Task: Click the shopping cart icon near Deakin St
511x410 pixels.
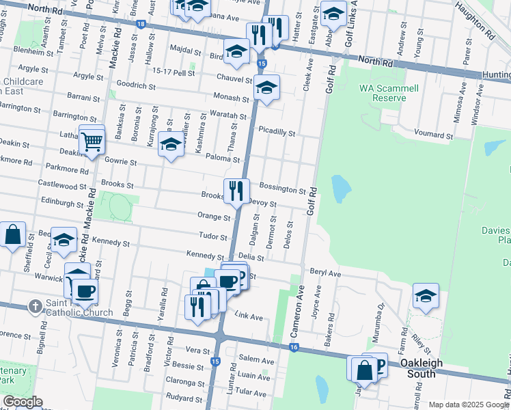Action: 92,142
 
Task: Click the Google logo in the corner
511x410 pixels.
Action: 22,402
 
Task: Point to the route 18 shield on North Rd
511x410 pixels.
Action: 140,23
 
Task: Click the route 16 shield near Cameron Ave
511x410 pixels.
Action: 294,348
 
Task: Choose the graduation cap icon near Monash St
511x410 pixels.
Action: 267,87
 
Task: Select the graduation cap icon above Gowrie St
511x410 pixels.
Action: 171,144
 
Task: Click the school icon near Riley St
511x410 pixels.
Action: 425,296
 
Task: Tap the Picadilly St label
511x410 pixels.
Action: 276,133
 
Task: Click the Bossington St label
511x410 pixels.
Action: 282,189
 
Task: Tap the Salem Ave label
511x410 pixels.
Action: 256,361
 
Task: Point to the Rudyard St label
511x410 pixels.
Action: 184,397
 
